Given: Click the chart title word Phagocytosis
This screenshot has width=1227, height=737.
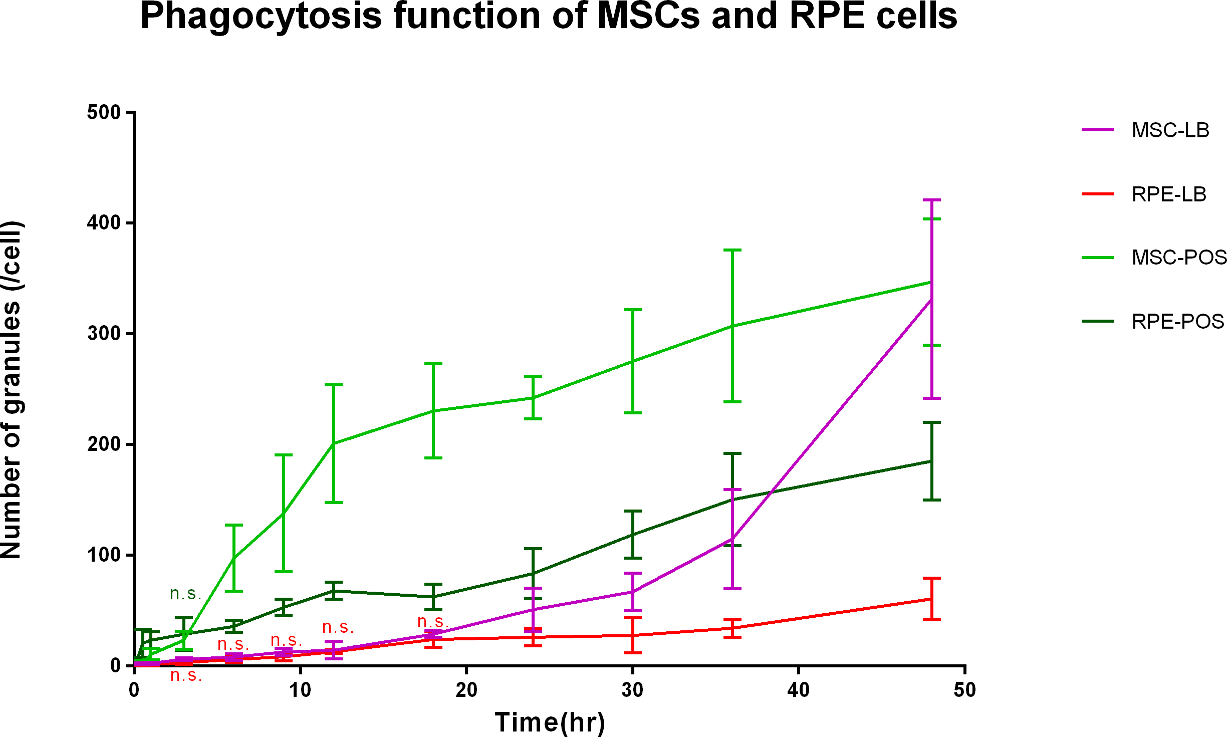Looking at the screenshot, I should click(x=261, y=18).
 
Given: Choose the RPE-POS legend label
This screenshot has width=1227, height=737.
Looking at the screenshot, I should click(x=1177, y=322).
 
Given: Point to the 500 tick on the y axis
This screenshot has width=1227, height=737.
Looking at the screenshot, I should click(x=104, y=112).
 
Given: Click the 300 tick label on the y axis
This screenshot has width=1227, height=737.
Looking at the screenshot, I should click(x=104, y=334).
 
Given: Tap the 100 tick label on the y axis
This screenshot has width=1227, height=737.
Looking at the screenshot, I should click(x=104, y=555).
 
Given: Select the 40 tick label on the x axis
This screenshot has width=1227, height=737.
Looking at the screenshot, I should click(x=798, y=690).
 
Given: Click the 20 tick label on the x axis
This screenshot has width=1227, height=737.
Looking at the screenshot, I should click(x=466, y=690).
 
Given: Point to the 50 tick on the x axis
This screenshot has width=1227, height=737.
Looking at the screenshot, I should click(x=964, y=690).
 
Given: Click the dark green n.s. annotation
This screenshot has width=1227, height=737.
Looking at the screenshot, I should click(x=185, y=594).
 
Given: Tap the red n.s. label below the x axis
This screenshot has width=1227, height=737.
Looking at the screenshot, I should click(x=186, y=675).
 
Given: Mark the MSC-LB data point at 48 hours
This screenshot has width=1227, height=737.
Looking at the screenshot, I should click(x=931, y=299).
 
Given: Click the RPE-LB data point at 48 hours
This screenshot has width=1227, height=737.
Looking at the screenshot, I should click(x=931, y=599).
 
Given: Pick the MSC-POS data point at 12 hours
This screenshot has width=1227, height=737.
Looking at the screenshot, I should click(x=334, y=443).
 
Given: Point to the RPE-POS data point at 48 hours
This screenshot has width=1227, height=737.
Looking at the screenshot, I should click(x=931, y=461).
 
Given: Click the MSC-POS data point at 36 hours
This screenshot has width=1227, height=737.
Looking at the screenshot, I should click(x=732, y=326).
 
